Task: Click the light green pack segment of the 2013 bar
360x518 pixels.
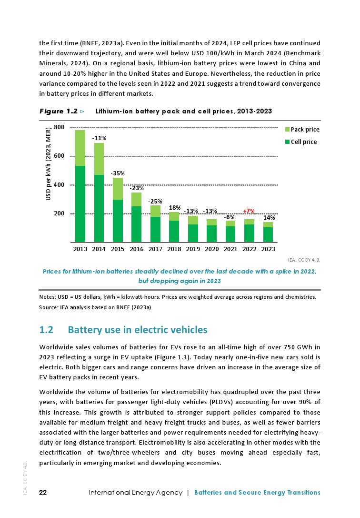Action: [x=80, y=148]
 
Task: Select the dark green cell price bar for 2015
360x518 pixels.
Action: [x=118, y=221]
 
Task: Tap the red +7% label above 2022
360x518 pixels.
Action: [x=249, y=211]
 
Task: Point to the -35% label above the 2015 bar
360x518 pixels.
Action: [x=117, y=173]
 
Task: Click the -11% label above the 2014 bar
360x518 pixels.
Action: [x=99, y=138]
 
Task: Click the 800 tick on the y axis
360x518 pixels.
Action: [x=59, y=127]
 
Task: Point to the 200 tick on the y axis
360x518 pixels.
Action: [x=59, y=213]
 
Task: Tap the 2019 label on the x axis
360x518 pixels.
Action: [x=193, y=249]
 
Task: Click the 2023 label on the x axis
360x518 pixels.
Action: [x=268, y=249]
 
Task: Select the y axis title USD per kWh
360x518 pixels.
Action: [x=49, y=164]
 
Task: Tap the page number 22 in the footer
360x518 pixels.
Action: [x=43, y=492]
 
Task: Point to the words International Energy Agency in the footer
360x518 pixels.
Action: [x=136, y=492]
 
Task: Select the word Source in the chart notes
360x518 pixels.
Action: [x=48, y=307]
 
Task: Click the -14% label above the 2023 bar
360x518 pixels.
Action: [x=269, y=217]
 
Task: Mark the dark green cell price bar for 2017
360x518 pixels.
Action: [x=155, y=229]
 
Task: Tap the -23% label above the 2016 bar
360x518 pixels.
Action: [x=137, y=188]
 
